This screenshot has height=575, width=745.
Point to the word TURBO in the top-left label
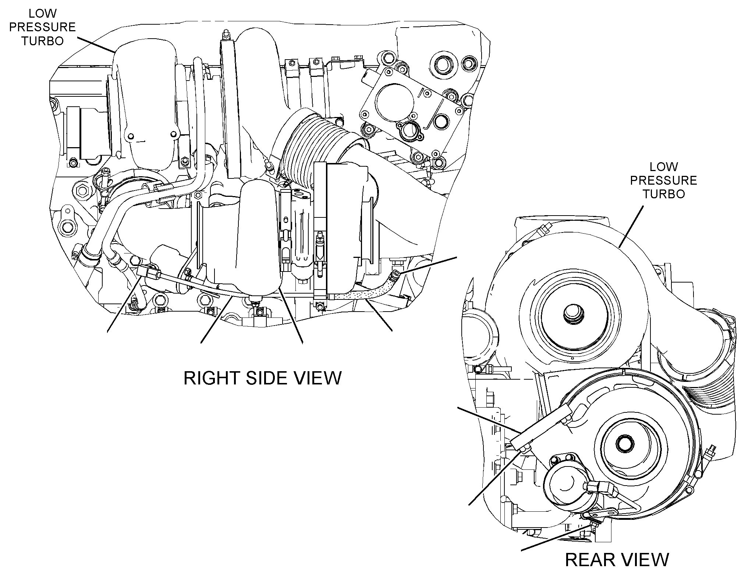[x=42, y=41]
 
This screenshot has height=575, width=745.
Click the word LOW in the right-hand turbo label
[x=663, y=167]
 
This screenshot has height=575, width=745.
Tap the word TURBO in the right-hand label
[x=663, y=194]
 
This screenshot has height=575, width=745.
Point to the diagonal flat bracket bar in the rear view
[x=543, y=427]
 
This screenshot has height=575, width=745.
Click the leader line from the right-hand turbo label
[x=631, y=226]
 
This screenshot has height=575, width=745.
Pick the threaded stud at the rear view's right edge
[x=709, y=453]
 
